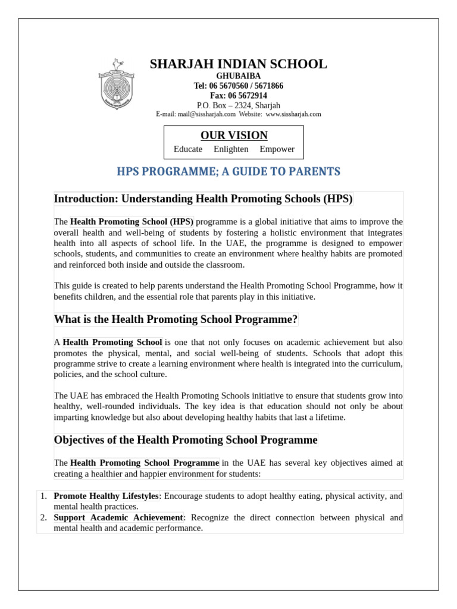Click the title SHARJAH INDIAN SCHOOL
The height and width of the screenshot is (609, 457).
point(238,64)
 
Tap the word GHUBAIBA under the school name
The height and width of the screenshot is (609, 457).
point(238,76)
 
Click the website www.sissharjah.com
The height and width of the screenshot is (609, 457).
point(293,114)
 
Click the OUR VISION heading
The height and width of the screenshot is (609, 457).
point(234,136)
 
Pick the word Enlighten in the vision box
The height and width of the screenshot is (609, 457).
point(231,149)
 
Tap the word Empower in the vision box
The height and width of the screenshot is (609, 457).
point(277,149)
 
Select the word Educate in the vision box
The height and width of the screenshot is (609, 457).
point(188,149)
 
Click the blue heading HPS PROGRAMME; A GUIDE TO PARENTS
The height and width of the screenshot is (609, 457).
point(229,172)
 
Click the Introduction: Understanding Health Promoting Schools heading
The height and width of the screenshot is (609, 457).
point(204,199)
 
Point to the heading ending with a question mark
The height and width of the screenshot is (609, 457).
point(176,319)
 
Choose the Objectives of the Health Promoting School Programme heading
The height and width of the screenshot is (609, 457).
point(186,440)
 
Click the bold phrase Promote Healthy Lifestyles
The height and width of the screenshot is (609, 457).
point(106,496)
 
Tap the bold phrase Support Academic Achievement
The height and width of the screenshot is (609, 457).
point(118,517)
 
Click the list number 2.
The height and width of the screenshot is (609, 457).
point(43,517)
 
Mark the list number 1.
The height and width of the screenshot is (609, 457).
point(43,496)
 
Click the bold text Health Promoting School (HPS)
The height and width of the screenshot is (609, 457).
point(132,222)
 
